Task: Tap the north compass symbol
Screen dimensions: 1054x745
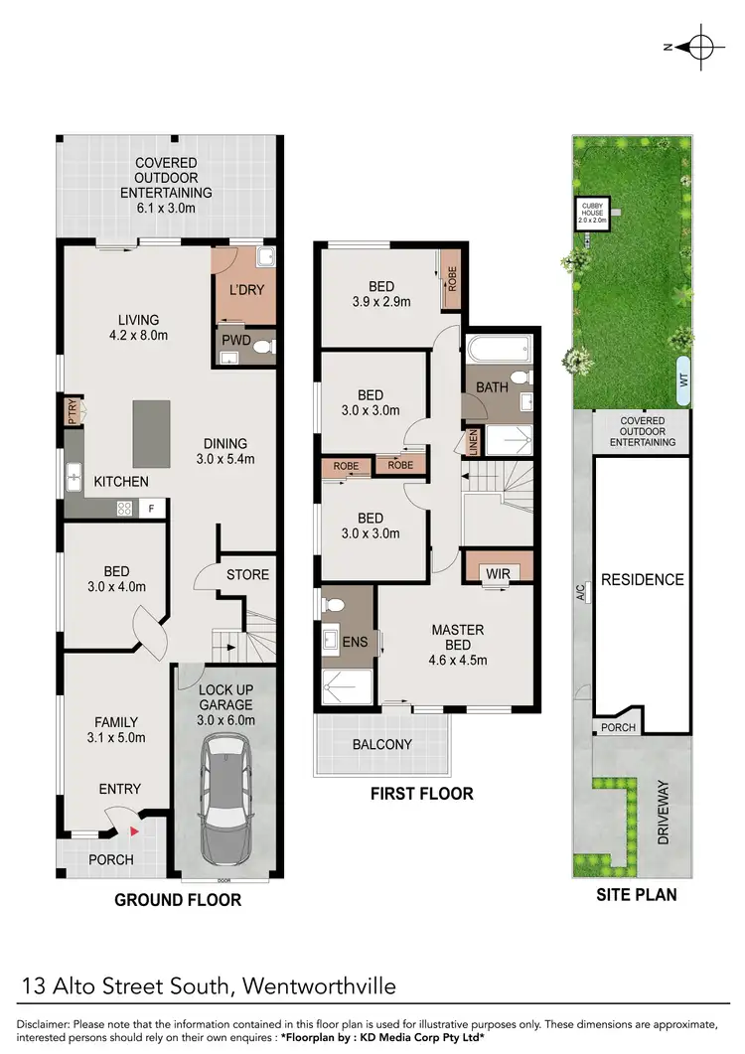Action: click(699, 47)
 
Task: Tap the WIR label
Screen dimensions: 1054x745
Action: click(498, 572)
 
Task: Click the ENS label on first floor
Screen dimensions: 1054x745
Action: click(355, 642)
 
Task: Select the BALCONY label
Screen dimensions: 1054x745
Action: click(382, 744)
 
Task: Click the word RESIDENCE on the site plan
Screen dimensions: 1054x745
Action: click(642, 580)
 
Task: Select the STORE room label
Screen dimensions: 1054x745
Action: click(247, 575)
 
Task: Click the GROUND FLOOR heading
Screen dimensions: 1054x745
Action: click(177, 900)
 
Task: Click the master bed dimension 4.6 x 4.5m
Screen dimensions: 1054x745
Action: click(458, 660)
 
